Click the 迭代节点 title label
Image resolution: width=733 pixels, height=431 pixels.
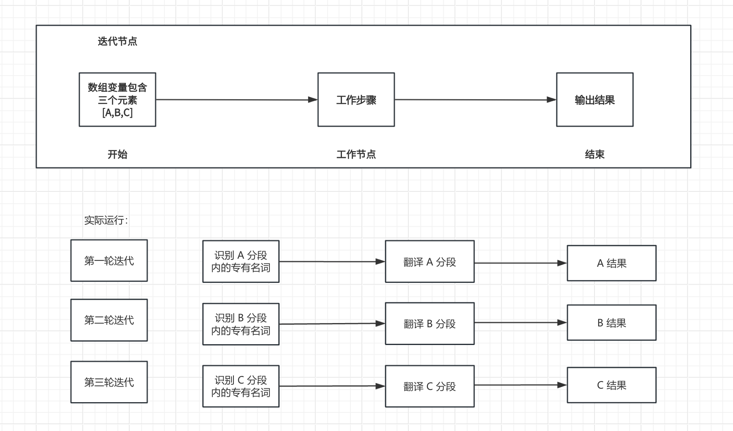(117, 41)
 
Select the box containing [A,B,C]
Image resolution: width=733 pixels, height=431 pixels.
(117, 99)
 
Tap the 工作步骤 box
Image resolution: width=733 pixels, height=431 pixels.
(356, 99)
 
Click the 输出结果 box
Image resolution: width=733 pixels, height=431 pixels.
(594, 99)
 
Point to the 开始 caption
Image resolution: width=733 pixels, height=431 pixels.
(117, 154)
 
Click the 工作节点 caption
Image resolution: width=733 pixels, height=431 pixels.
(356, 154)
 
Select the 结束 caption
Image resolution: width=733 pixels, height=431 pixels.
(594, 154)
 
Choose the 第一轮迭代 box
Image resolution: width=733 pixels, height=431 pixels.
(109, 260)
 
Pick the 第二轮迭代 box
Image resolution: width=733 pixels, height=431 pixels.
(109, 320)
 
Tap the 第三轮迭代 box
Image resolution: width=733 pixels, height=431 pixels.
(109, 382)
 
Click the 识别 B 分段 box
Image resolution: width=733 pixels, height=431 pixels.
(241, 324)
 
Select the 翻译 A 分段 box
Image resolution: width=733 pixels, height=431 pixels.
(430, 262)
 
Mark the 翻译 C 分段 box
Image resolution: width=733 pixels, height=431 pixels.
(430, 386)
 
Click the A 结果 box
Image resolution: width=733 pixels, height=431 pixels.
(611, 263)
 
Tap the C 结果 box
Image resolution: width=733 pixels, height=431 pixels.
(611, 385)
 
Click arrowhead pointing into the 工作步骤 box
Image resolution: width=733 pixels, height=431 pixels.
(313, 99)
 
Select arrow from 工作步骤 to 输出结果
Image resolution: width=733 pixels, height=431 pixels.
(475, 99)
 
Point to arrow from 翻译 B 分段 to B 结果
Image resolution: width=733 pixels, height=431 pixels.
(520, 323)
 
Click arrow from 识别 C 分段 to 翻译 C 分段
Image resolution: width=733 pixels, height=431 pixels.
(332, 386)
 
